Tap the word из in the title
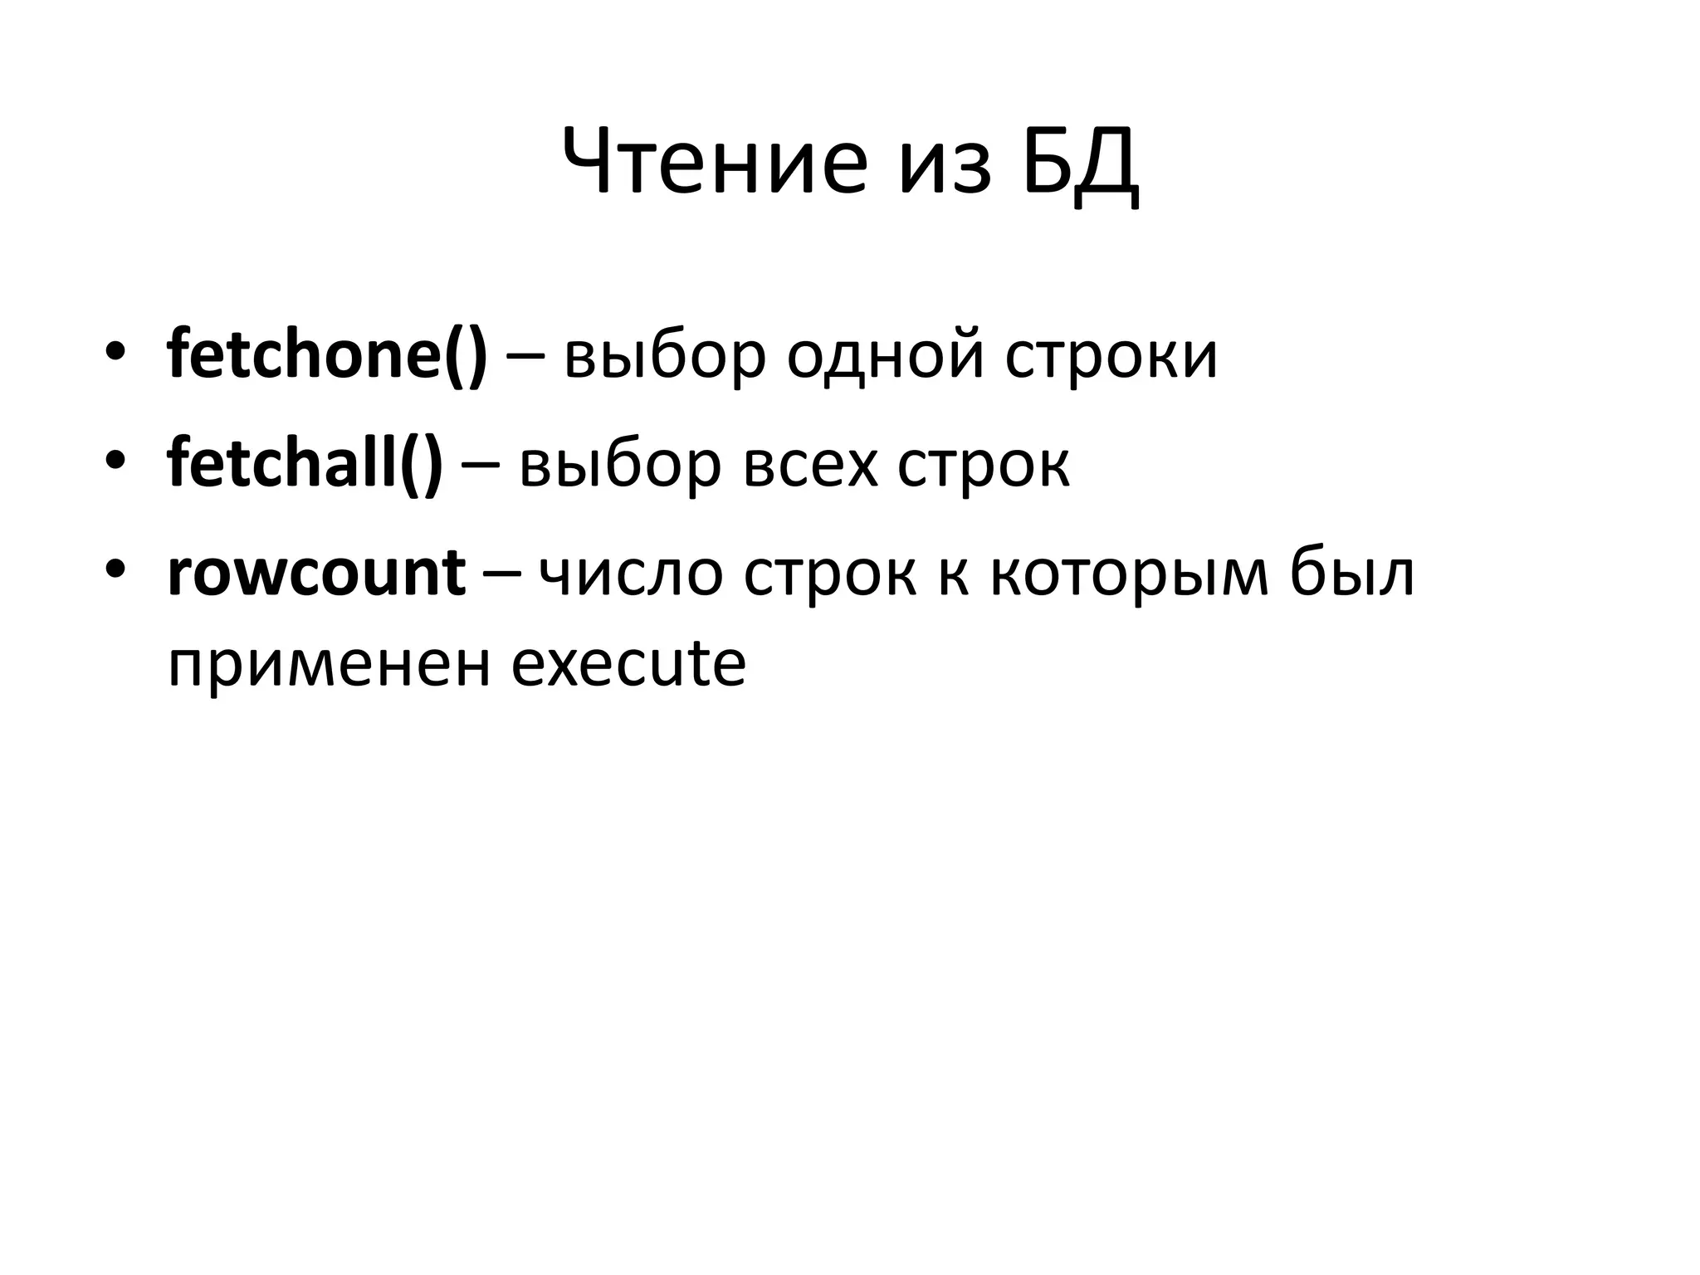pos(945,170)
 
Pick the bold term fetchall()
pos(305,464)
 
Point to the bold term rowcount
pos(316,574)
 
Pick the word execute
pos(628,663)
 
